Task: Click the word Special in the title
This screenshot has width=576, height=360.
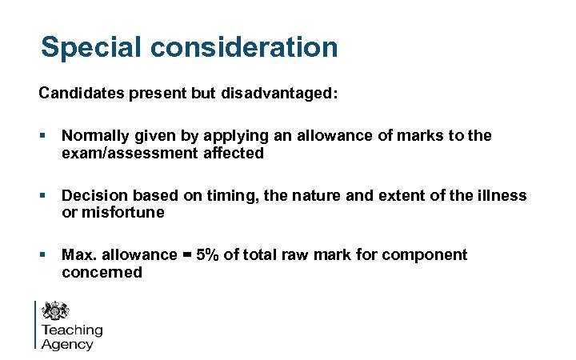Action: tap(86, 46)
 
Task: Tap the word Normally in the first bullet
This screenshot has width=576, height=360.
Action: tap(94, 136)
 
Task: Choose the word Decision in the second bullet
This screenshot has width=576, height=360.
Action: tap(92, 195)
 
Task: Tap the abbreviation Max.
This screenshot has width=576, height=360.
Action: tap(78, 254)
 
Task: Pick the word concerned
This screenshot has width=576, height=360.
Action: tap(102, 272)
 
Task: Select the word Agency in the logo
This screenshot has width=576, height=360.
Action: tap(67, 345)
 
